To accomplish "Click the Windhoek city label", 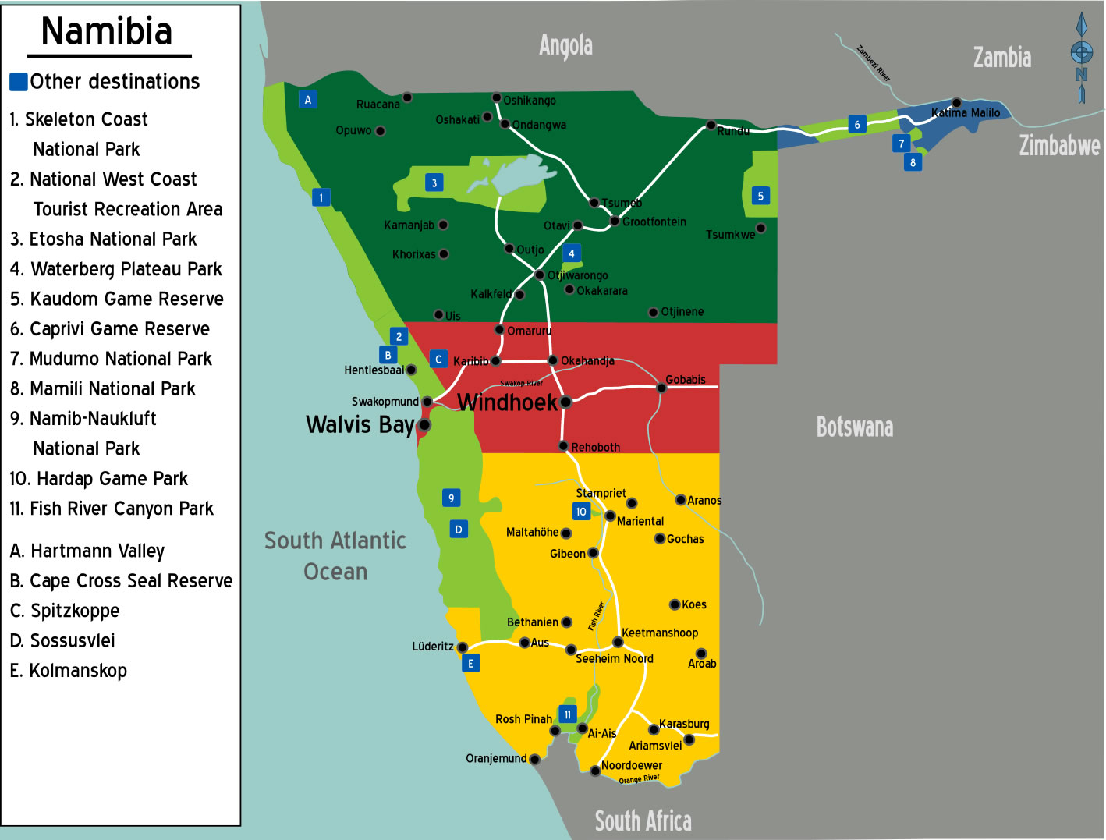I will point(507,402).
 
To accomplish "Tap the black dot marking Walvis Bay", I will point(424,425).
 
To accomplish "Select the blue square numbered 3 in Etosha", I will point(434,183).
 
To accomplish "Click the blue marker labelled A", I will point(308,99).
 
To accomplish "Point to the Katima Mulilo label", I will point(966,113).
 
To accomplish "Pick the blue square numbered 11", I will point(568,714).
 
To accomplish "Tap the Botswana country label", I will point(855,427).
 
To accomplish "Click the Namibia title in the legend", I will point(107,32).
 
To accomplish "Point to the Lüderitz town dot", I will point(463,647).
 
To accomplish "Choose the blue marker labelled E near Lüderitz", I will point(470,663).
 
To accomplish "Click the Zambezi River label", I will point(874,63).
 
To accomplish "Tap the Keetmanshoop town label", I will point(660,633).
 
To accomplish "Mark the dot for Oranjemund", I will point(534,759).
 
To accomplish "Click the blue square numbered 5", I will point(760,196).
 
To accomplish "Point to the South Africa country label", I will point(643,821).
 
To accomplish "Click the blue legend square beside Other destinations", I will point(19,82).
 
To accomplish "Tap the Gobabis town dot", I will point(661,388).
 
